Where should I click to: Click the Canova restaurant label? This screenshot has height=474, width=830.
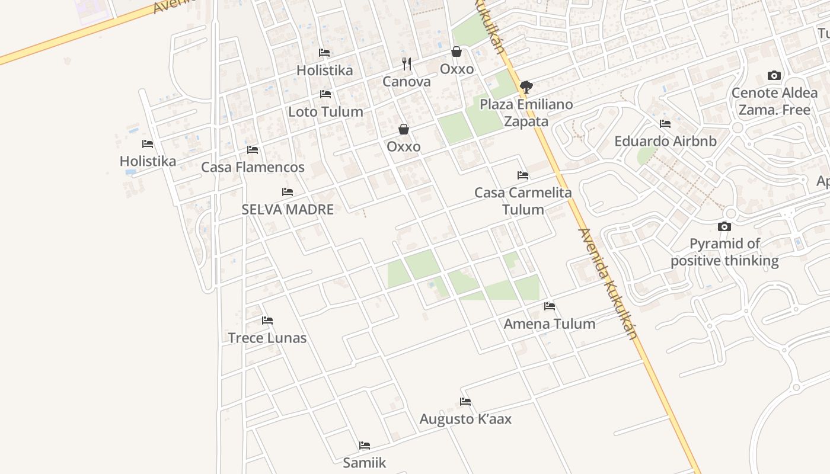point(406,82)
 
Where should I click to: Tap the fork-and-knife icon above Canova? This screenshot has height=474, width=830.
point(407,63)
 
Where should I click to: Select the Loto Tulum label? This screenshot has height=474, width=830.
point(325,111)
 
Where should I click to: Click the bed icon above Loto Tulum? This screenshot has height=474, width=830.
point(325,94)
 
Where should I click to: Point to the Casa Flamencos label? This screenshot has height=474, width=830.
point(253,167)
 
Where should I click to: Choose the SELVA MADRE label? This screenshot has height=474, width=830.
point(288,209)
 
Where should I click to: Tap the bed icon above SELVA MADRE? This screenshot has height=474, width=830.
point(288,192)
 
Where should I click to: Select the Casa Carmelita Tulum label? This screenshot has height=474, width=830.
point(523,201)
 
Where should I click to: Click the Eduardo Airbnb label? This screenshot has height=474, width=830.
point(665,141)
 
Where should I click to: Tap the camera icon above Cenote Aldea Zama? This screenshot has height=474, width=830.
point(774,75)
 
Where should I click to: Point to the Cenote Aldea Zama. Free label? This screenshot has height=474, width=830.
point(774,101)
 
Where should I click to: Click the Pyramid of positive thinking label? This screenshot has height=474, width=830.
point(724,252)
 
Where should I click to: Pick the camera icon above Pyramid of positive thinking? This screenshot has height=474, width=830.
point(724,226)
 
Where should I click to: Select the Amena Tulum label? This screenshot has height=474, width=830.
point(549,324)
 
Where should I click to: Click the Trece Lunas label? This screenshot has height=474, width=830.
point(267,338)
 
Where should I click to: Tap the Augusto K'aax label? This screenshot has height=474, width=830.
point(465,419)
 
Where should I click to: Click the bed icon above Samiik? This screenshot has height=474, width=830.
point(365,446)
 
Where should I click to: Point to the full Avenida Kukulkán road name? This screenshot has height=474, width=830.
point(608,284)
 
